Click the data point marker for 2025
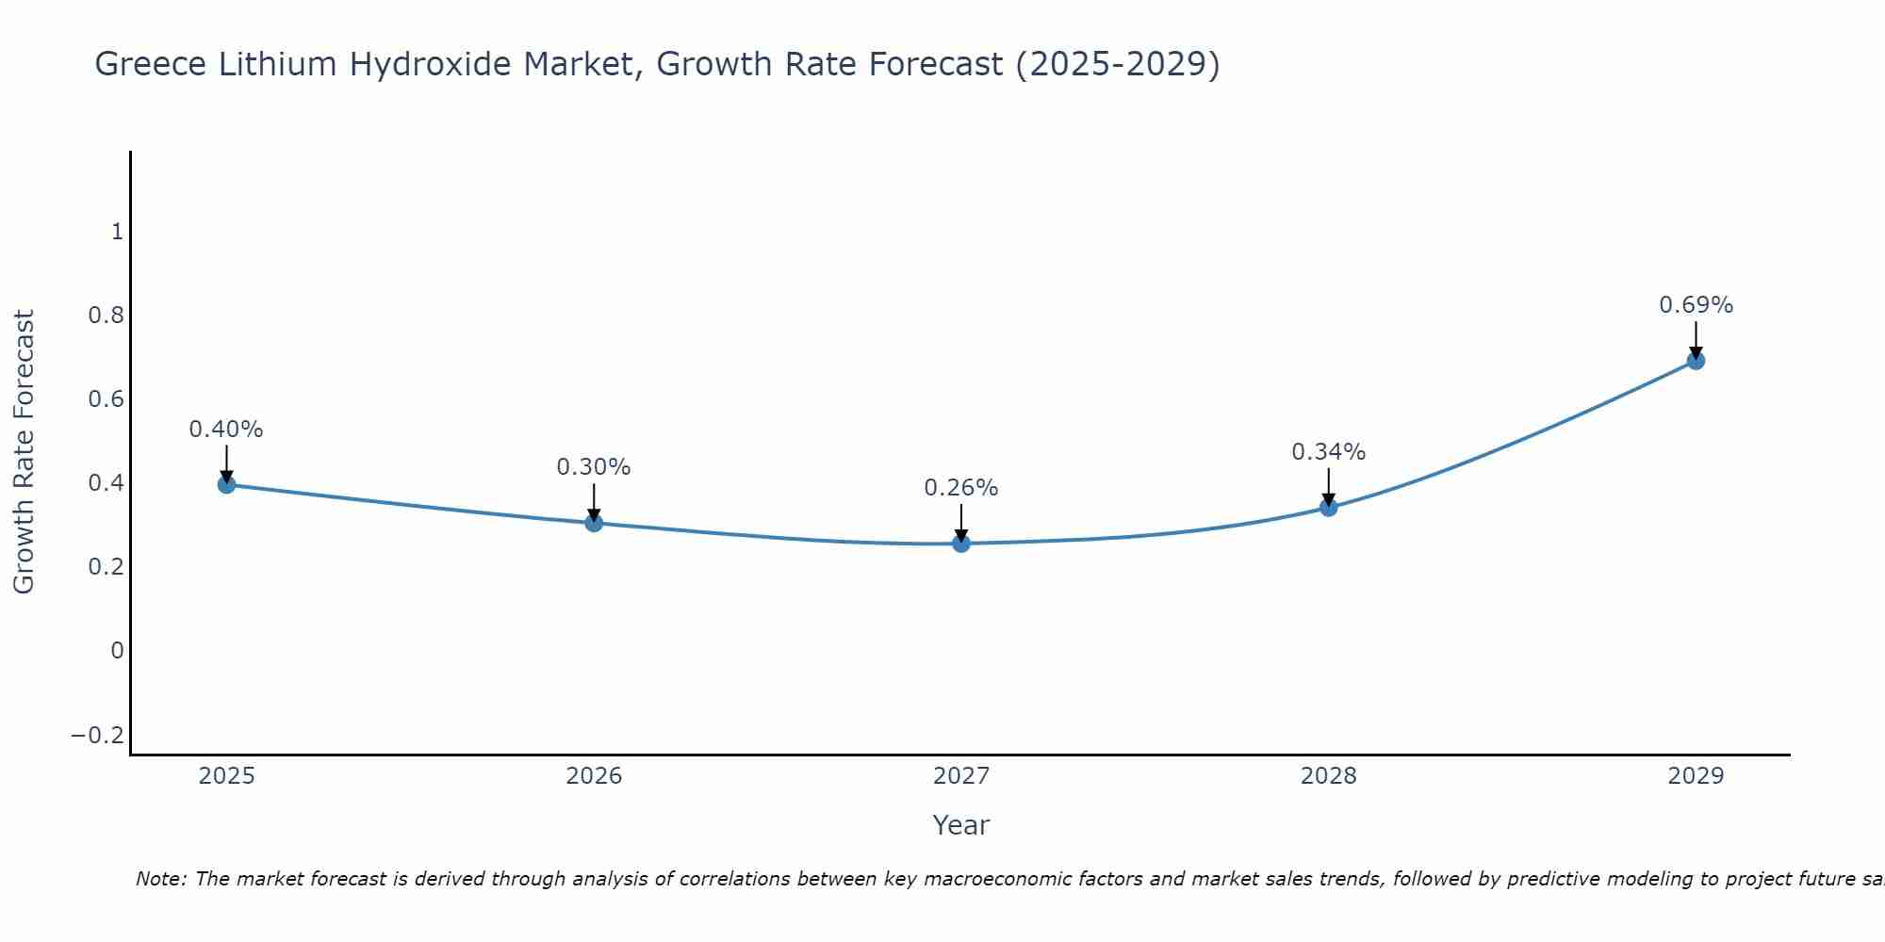[x=226, y=484]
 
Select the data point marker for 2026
[x=594, y=523]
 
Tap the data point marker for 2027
[x=961, y=544]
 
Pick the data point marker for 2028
[x=1329, y=508]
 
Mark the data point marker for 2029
[x=1696, y=361]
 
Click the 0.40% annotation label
[x=226, y=430]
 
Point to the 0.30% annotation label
[x=594, y=467]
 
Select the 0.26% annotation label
[x=961, y=488]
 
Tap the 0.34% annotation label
[x=1329, y=452]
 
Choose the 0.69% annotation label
[x=1696, y=305]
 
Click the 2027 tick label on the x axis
[x=961, y=776]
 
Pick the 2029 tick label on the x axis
[x=1696, y=776]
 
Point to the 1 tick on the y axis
[x=117, y=232]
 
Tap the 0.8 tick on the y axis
[x=107, y=316]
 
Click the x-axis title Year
[x=961, y=825]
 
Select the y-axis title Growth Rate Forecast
[x=24, y=452]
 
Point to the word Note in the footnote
[x=160, y=879]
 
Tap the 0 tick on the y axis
[x=117, y=651]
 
